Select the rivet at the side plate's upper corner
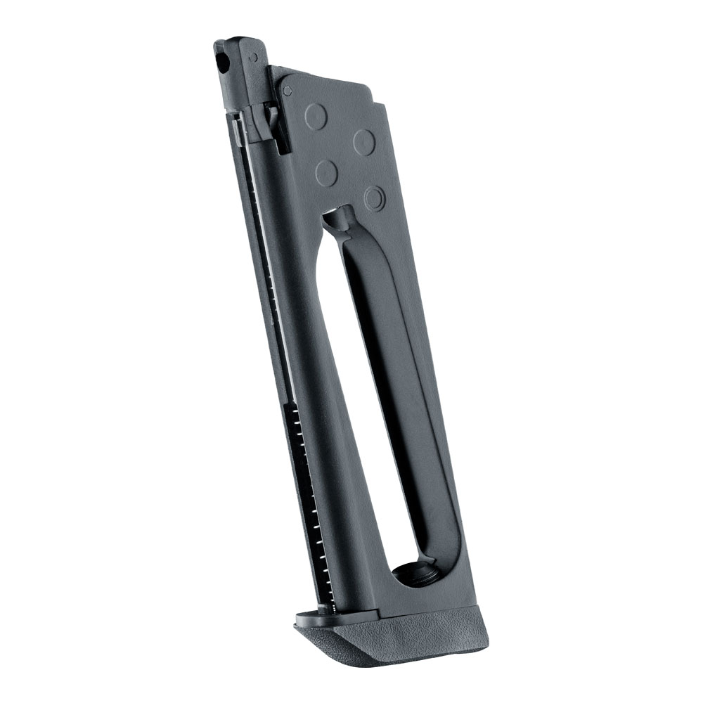[287, 90]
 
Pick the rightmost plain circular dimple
[363, 141]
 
